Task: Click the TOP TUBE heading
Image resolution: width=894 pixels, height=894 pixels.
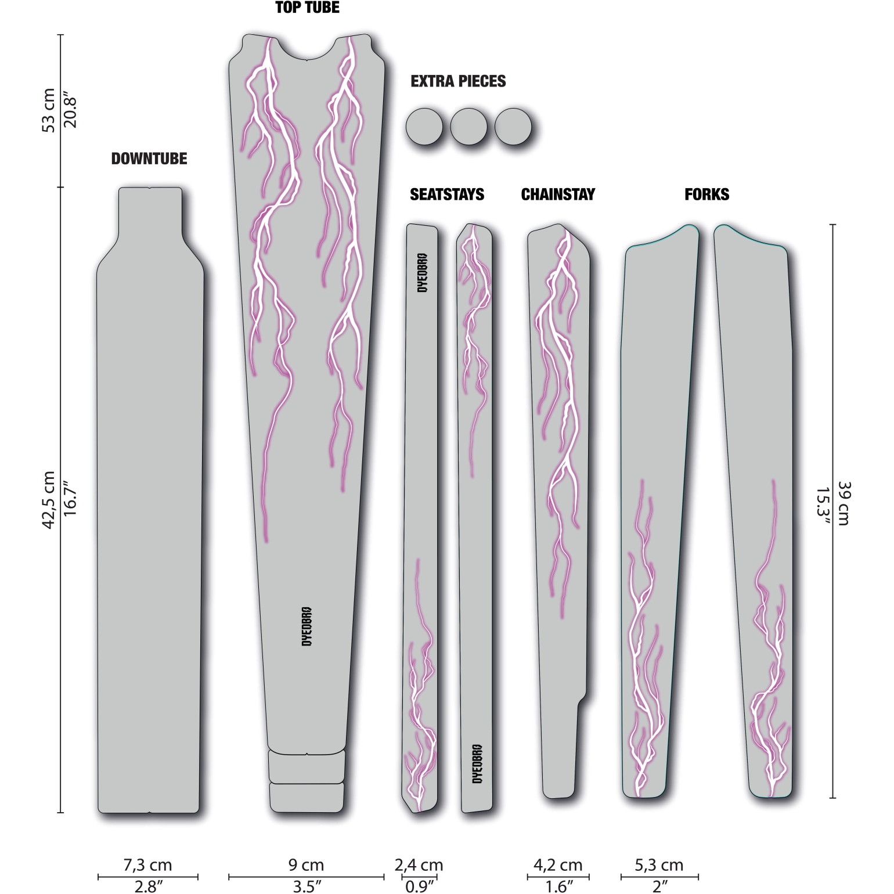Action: tap(307, 8)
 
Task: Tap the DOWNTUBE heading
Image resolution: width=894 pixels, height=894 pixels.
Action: tap(149, 158)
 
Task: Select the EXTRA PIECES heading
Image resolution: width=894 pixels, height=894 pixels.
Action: tap(458, 81)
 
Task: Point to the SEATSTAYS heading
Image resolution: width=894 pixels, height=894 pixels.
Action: tap(447, 194)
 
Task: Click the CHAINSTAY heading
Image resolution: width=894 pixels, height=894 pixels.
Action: tap(558, 194)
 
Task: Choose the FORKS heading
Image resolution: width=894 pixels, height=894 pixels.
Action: tap(706, 194)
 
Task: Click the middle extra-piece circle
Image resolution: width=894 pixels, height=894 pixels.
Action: tap(468, 127)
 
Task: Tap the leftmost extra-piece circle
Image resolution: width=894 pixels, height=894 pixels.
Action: tap(424, 127)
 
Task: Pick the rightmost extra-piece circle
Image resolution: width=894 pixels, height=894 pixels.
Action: tap(513, 127)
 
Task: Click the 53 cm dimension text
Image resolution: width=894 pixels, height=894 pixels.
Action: tap(49, 110)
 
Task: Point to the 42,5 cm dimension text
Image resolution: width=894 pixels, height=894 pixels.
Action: tap(49, 500)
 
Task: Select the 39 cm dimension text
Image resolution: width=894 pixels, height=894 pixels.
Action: tap(842, 503)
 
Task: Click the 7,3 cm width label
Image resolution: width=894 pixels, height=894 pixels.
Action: tap(148, 865)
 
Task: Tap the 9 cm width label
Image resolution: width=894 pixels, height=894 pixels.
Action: tap(307, 865)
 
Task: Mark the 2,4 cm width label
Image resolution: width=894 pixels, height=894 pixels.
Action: tap(419, 865)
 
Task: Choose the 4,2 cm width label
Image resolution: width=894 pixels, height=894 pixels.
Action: tap(558, 865)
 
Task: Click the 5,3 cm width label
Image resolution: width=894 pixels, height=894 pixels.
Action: tap(659, 865)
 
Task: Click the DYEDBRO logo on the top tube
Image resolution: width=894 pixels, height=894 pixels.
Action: tap(307, 626)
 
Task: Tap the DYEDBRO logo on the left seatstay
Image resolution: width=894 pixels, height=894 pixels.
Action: tap(423, 273)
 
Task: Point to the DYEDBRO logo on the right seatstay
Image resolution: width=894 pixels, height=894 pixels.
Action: tap(477, 763)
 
